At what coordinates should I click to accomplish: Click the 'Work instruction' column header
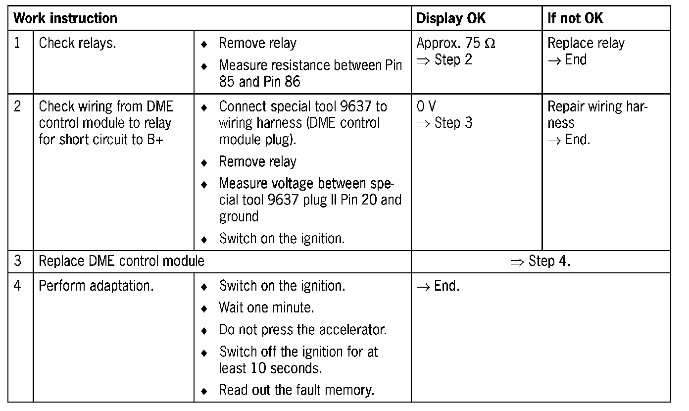[65, 19]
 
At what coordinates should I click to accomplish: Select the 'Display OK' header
[451, 19]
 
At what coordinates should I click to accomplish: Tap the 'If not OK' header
[575, 19]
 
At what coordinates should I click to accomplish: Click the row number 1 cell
[18, 44]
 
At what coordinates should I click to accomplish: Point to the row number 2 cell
[18, 106]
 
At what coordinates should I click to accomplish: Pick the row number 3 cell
[18, 261]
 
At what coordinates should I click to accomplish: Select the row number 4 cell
[18, 286]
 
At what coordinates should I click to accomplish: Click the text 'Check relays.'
[77, 44]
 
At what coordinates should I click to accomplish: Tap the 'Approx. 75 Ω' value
[456, 44]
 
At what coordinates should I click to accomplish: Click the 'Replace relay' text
[586, 44]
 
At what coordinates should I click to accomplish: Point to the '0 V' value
[426, 106]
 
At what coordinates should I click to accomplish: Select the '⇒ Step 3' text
[444, 123]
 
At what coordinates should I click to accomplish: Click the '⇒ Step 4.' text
[541, 261]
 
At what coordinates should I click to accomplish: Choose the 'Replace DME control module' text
[121, 261]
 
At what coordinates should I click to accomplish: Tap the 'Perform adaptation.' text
[96, 286]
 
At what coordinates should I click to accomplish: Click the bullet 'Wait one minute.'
[266, 308]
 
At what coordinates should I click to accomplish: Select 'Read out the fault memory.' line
[296, 390]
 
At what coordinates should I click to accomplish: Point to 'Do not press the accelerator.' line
[302, 329]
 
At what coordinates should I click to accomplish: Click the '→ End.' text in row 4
[438, 286]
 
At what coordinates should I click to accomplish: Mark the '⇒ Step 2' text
[444, 60]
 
